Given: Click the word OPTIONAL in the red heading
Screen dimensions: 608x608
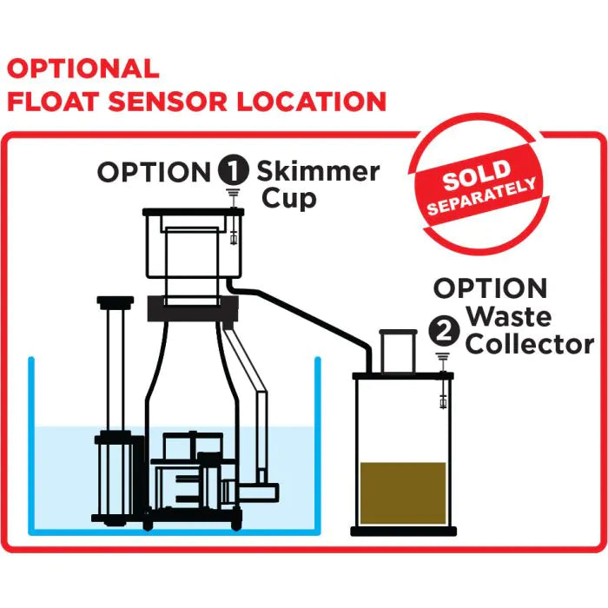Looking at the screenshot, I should tap(83, 69).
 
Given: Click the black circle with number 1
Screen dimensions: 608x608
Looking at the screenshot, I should tap(232, 172).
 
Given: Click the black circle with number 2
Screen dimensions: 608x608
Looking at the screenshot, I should tap(443, 329).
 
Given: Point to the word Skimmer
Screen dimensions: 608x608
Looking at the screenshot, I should tap(318, 170).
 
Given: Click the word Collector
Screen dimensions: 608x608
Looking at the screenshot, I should tap(530, 345).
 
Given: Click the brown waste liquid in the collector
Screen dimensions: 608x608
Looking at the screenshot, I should tap(402, 492).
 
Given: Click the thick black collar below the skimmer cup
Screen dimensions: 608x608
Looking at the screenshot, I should tap(192, 309).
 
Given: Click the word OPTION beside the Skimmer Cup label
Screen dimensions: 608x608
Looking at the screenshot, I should tap(153, 172).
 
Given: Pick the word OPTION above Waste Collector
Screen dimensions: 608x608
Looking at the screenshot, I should tap(491, 288).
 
